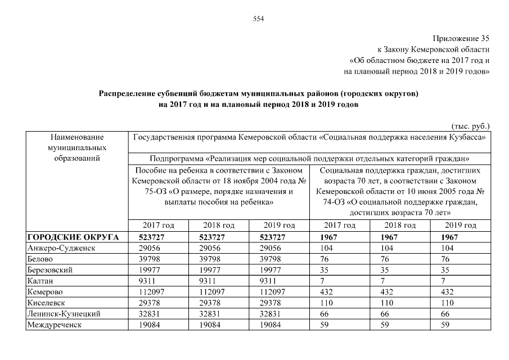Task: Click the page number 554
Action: (x=259, y=19)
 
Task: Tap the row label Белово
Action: (x=40, y=259)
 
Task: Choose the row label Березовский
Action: (x=50, y=270)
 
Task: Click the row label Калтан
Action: (x=39, y=281)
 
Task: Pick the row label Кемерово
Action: (x=45, y=291)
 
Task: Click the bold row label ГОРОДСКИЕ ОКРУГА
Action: (x=73, y=237)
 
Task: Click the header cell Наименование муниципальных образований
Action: (x=77, y=147)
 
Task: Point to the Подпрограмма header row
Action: (x=309, y=158)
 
